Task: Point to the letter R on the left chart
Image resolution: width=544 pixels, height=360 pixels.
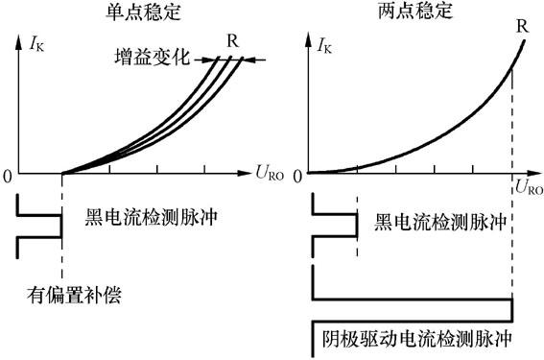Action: pyautogui.click(x=232, y=40)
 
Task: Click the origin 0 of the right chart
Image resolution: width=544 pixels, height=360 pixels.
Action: pyautogui.click(x=301, y=175)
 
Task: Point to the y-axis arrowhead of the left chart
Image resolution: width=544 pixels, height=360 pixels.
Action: pyautogui.click(x=19, y=40)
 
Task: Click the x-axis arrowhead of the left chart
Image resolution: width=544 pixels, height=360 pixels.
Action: pyautogui.click(x=247, y=174)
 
